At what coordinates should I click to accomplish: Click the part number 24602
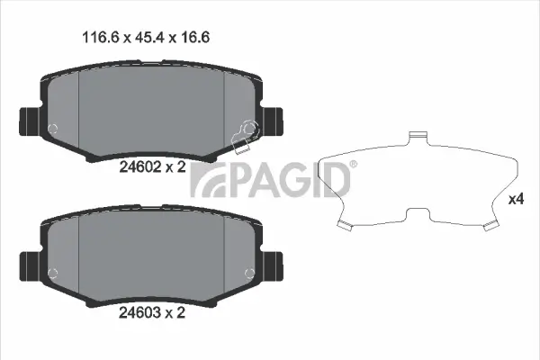(139, 166)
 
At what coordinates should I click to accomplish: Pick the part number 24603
(139, 314)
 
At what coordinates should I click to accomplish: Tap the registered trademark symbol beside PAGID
(353, 164)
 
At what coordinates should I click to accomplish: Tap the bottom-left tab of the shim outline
(344, 224)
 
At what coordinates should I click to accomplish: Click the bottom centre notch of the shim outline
(416, 213)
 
